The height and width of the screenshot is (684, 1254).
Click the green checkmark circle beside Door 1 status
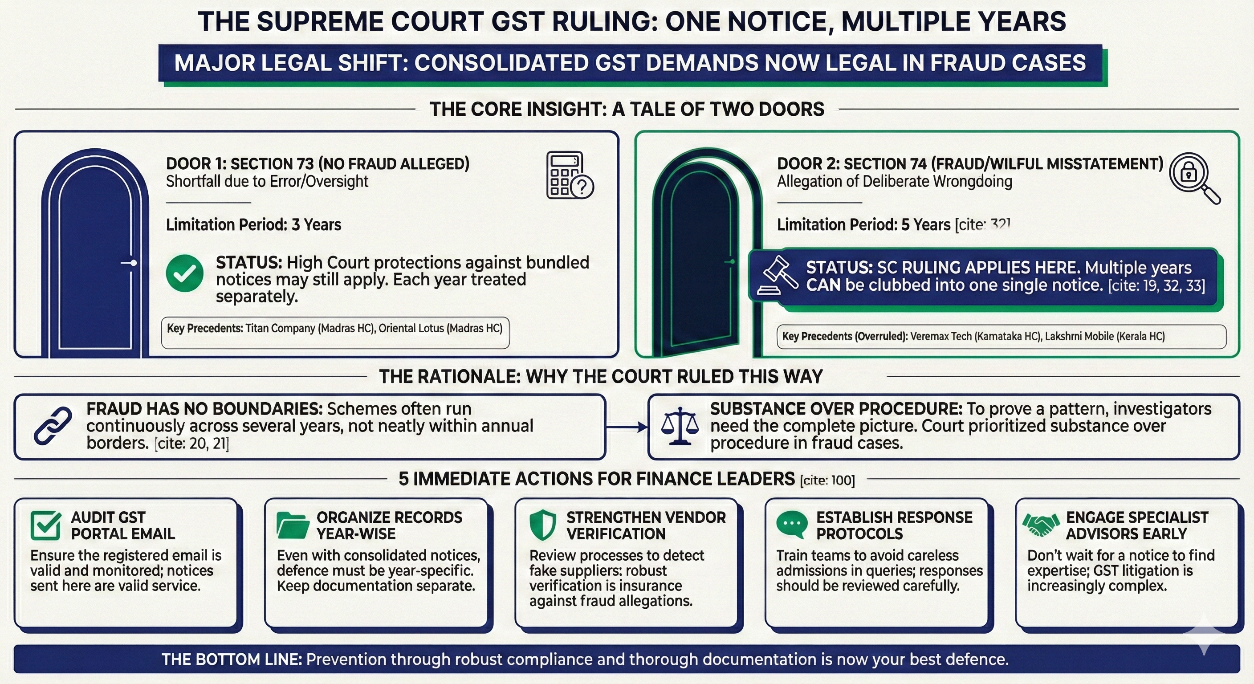tap(184, 273)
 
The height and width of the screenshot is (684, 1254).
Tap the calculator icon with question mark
tap(569, 175)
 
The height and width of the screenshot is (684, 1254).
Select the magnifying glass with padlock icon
tap(1193, 177)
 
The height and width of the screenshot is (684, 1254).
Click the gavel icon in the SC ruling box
tap(778, 276)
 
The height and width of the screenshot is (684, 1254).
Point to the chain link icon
tap(53, 426)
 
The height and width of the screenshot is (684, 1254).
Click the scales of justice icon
tap(680, 426)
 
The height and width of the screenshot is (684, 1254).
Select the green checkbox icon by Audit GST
tap(46, 525)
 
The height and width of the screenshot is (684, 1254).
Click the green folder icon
tap(293, 525)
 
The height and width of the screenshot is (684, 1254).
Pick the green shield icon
tap(542, 525)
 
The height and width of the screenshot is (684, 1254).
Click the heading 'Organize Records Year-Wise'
tap(389, 525)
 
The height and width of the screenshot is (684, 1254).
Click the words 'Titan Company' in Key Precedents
tap(280, 329)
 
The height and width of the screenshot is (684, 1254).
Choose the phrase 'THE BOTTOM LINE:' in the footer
tap(232, 660)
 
